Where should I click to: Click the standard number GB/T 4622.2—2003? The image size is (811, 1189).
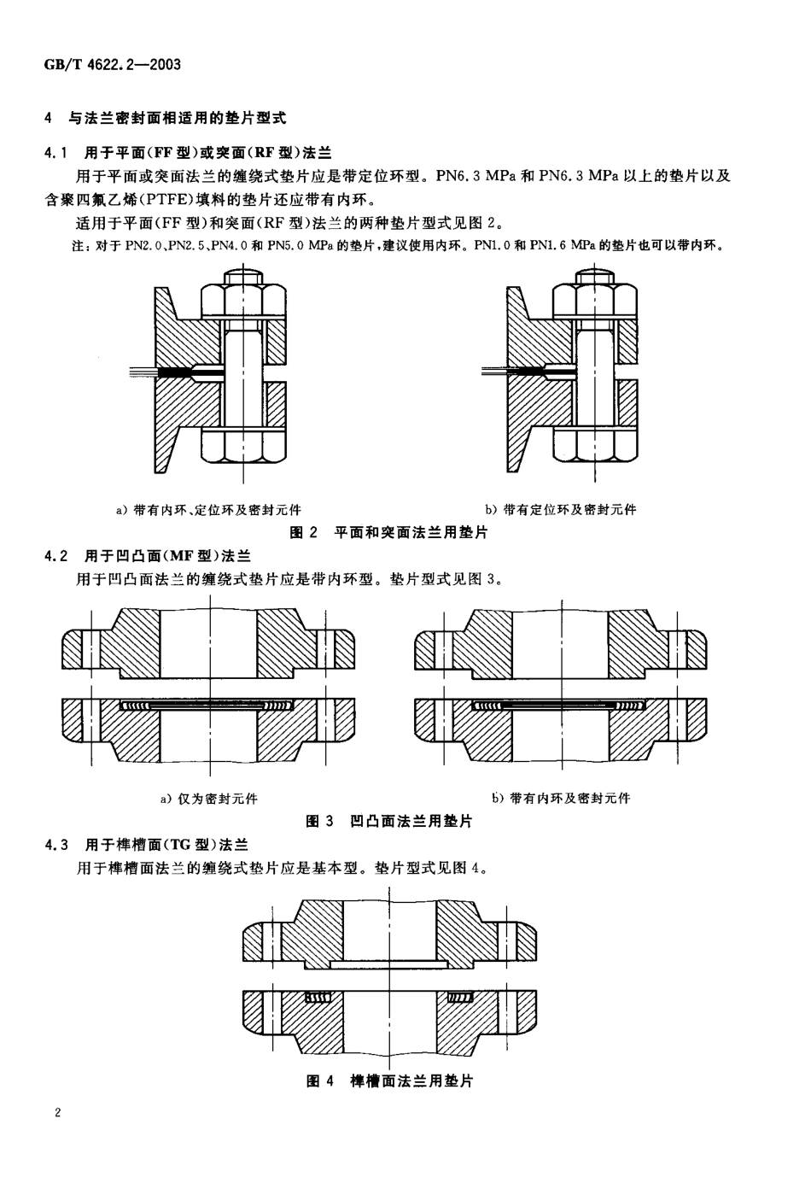[x=112, y=65]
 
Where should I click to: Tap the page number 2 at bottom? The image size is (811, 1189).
[x=57, y=1112]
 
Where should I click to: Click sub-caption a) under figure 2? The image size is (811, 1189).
[x=208, y=510]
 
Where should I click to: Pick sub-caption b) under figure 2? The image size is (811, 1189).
[x=561, y=510]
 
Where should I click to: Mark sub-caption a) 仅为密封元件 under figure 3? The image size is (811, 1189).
[x=209, y=799]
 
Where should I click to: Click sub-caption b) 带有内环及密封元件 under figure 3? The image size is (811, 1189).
[x=561, y=799]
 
